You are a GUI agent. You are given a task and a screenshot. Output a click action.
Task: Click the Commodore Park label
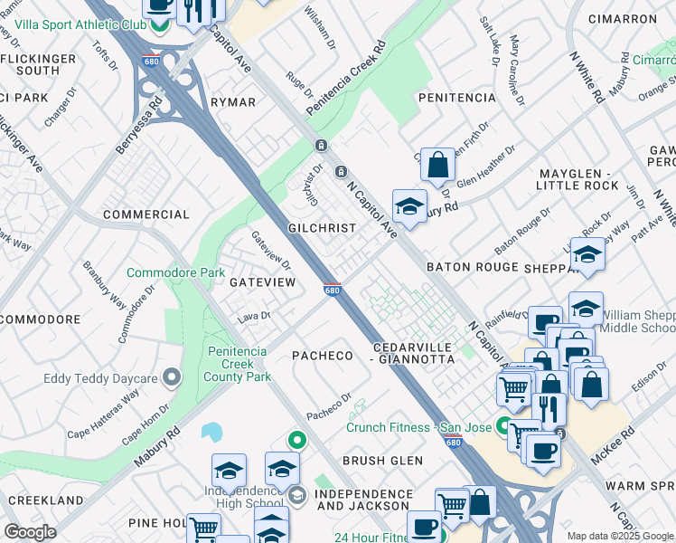(x=175, y=272)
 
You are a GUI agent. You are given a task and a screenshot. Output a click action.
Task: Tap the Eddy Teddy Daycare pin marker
(x=172, y=377)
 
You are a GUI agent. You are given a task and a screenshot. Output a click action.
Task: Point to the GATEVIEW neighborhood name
(x=262, y=282)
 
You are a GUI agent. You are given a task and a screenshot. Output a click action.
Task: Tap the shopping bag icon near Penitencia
(x=437, y=165)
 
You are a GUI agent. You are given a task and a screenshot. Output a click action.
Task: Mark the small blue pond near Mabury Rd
(x=212, y=431)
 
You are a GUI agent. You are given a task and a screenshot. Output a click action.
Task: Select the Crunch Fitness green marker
(x=503, y=424)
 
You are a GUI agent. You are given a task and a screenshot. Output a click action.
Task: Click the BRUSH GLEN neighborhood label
(x=382, y=461)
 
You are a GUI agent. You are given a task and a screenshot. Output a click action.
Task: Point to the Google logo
(x=31, y=532)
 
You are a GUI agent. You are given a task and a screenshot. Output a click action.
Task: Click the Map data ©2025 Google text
(x=619, y=536)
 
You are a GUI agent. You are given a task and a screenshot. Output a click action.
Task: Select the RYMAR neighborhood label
(x=233, y=102)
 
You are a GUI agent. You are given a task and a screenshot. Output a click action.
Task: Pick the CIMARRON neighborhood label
(x=622, y=18)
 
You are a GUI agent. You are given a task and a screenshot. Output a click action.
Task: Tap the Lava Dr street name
(x=254, y=317)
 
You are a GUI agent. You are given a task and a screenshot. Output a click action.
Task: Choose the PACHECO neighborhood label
(x=322, y=356)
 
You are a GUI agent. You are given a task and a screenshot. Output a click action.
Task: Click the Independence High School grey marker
(x=297, y=494)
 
